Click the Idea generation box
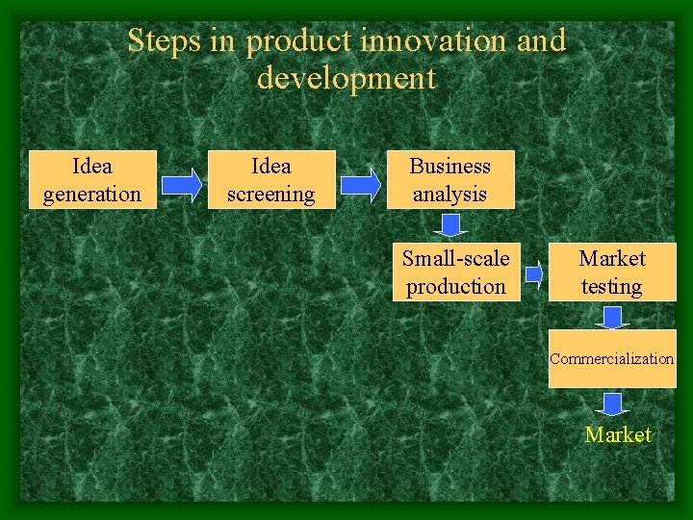pyautogui.click(x=92, y=180)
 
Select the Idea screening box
pyautogui.click(x=271, y=180)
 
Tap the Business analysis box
pyautogui.click(x=450, y=180)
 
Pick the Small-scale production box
pyautogui.click(x=456, y=273)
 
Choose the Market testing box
pyautogui.click(x=612, y=273)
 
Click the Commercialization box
pyautogui.click(x=612, y=358)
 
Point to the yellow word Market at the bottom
pyautogui.click(x=618, y=435)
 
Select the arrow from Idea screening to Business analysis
pyautogui.click(x=361, y=184)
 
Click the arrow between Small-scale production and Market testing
pyautogui.click(x=534, y=275)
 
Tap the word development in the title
pyautogui.click(x=346, y=78)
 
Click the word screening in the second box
pyautogui.click(x=271, y=195)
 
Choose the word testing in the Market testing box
pyautogui.click(x=612, y=287)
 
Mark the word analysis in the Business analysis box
pyautogui.click(x=450, y=195)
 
